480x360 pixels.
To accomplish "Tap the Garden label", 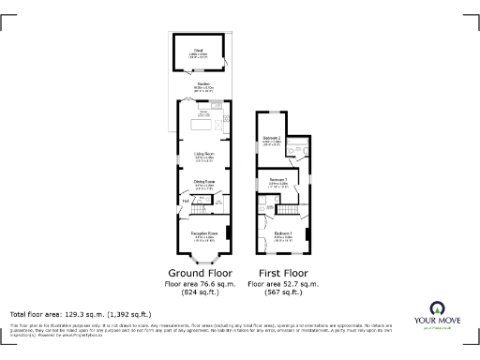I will (202, 83).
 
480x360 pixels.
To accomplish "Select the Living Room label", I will (204, 153).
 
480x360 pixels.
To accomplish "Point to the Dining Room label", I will (204, 181).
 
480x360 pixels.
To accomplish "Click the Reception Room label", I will (205, 232).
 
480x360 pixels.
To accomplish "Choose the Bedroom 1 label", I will (283, 232).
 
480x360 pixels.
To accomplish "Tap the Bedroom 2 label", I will (273, 139).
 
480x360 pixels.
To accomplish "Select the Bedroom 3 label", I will (278, 179).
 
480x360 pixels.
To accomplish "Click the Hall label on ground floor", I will (186, 201).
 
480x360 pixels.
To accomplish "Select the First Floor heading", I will (281, 272).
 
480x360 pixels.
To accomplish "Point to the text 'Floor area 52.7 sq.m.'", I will (282, 282).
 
